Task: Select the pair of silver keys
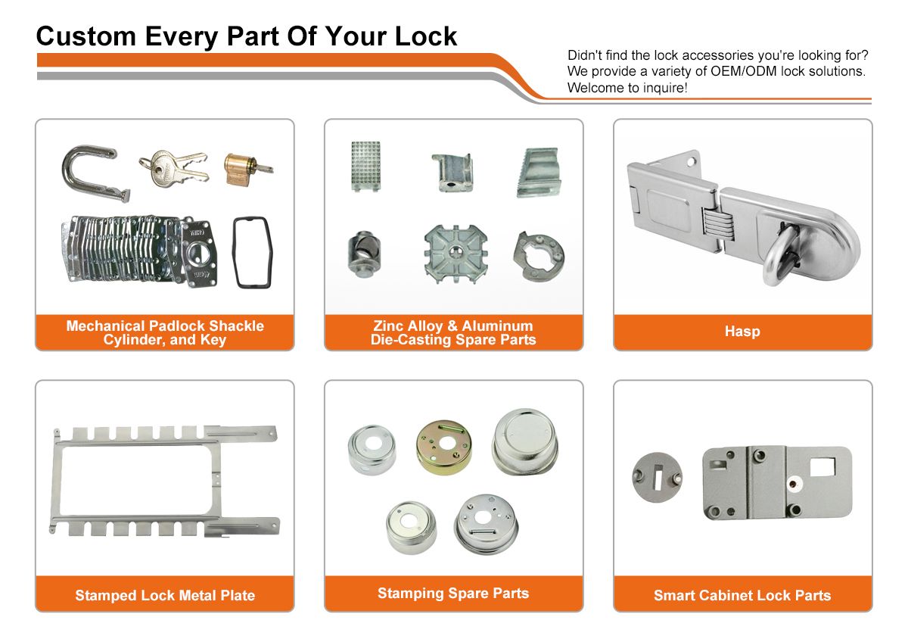[174, 168]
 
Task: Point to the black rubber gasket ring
[235, 251]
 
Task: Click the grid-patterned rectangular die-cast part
[365, 166]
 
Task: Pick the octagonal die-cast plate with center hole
[456, 254]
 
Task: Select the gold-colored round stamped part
[443, 447]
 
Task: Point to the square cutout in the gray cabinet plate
[822, 467]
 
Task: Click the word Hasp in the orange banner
[742, 332]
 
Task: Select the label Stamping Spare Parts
[453, 594]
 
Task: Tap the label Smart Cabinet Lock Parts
[742, 595]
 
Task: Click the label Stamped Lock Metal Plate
[165, 595]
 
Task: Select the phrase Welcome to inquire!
[627, 88]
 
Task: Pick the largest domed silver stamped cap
[525, 442]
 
